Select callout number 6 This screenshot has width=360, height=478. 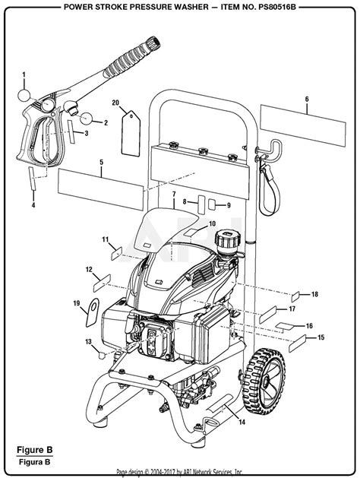click(306, 99)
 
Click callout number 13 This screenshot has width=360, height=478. click(88, 341)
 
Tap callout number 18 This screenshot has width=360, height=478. click(315, 294)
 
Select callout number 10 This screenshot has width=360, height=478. click(212, 223)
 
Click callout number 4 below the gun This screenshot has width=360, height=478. click(32, 204)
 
